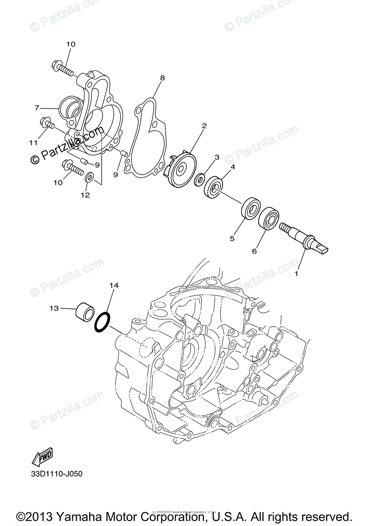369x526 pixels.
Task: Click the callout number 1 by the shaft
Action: pos(296,274)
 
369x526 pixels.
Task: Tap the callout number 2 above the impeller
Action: pos(204,126)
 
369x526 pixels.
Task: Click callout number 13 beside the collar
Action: pos(54,309)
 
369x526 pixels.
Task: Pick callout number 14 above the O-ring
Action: pos(114,285)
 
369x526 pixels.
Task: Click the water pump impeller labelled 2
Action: pos(182,164)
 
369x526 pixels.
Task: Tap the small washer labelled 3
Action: pos(199,178)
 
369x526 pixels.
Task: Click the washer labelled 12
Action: pos(89,178)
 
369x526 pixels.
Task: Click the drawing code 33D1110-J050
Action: pos(56,474)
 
